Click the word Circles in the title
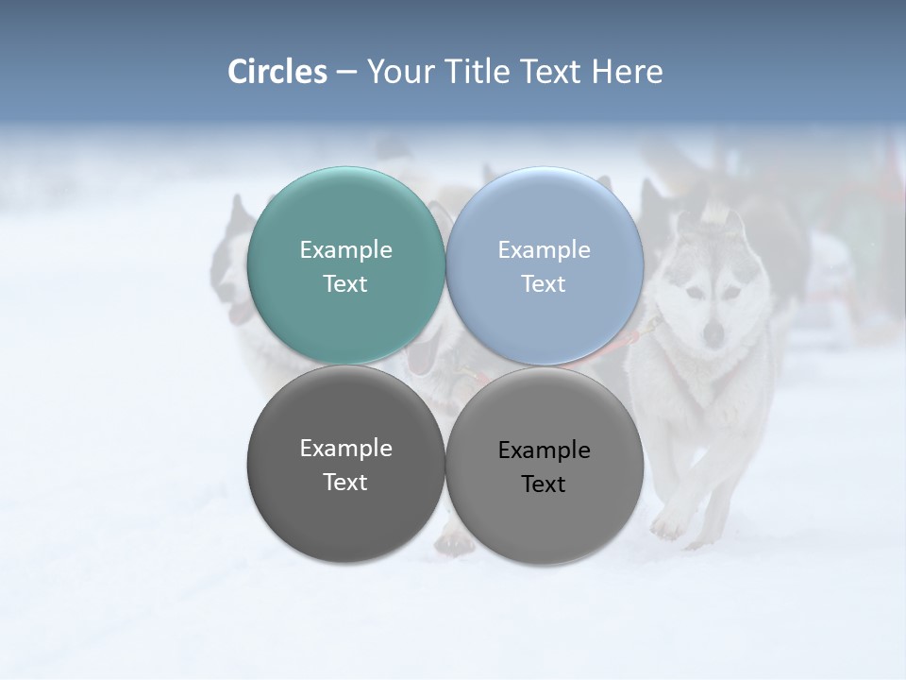click(x=277, y=72)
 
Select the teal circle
click(x=345, y=266)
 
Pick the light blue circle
click(x=545, y=266)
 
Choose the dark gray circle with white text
click(x=345, y=465)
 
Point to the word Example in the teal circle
click(x=345, y=249)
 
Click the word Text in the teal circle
click(x=345, y=283)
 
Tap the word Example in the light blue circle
click(x=545, y=249)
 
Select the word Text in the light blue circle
click(x=545, y=283)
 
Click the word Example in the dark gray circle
click(x=345, y=448)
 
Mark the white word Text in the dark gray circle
click(x=345, y=482)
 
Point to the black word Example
click(x=545, y=450)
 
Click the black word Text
click(x=545, y=484)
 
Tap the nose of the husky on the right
click(x=713, y=331)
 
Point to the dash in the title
click(x=346, y=73)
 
